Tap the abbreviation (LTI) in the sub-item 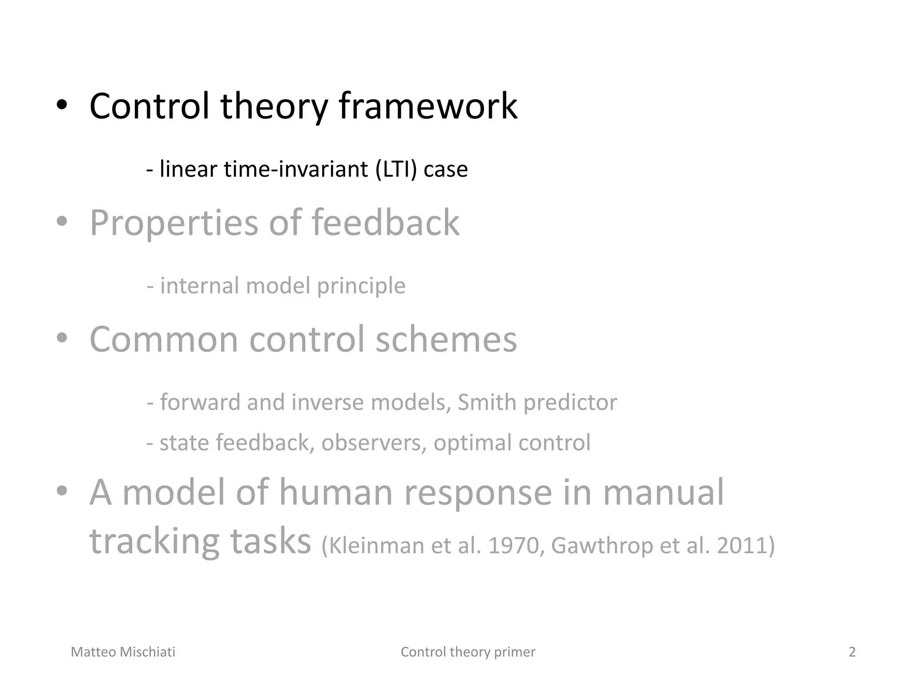tap(396, 169)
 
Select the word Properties tap(174, 223)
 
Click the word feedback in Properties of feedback tap(385, 223)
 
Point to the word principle tap(361, 286)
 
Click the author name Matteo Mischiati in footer tap(123, 652)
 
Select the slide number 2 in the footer tap(852, 652)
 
